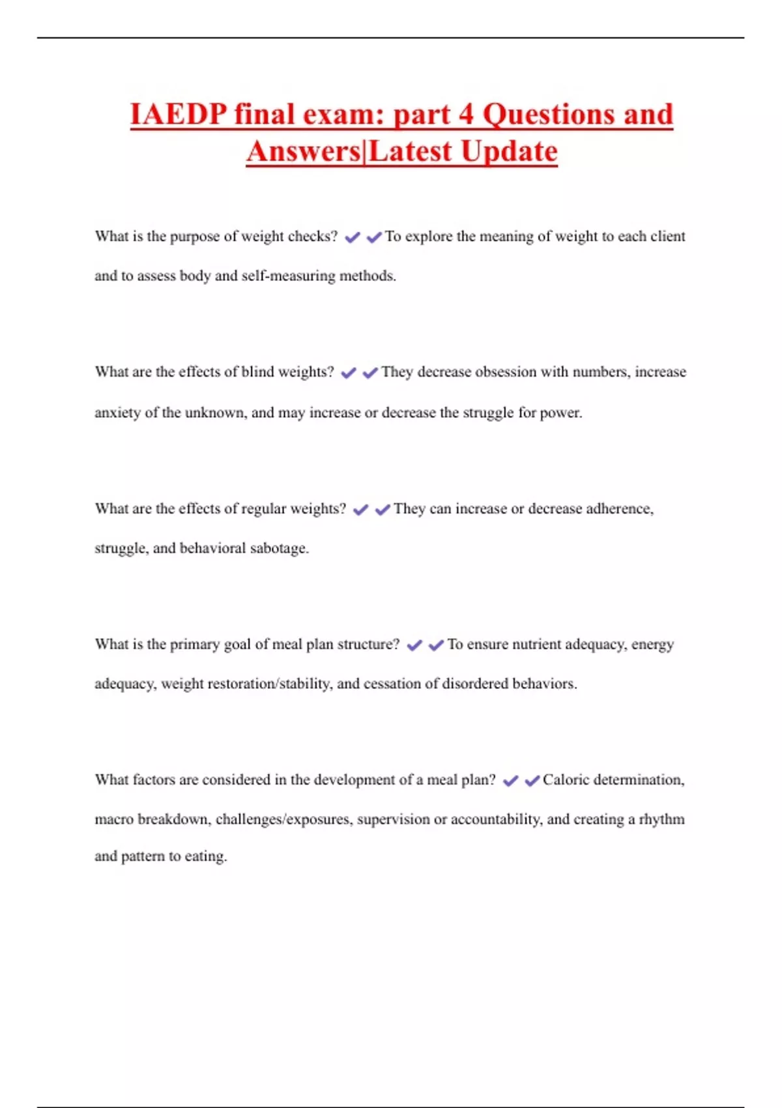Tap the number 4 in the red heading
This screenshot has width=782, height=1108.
(x=465, y=115)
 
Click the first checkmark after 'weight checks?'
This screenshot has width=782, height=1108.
(x=353, y=238)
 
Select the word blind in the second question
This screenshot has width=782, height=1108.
(x=257, y=372)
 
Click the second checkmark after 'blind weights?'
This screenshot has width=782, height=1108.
(x=370, y=373)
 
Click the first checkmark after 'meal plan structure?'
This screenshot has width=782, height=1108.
(x=414, y=646)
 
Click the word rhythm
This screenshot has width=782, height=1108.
(x=661, y=820)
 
